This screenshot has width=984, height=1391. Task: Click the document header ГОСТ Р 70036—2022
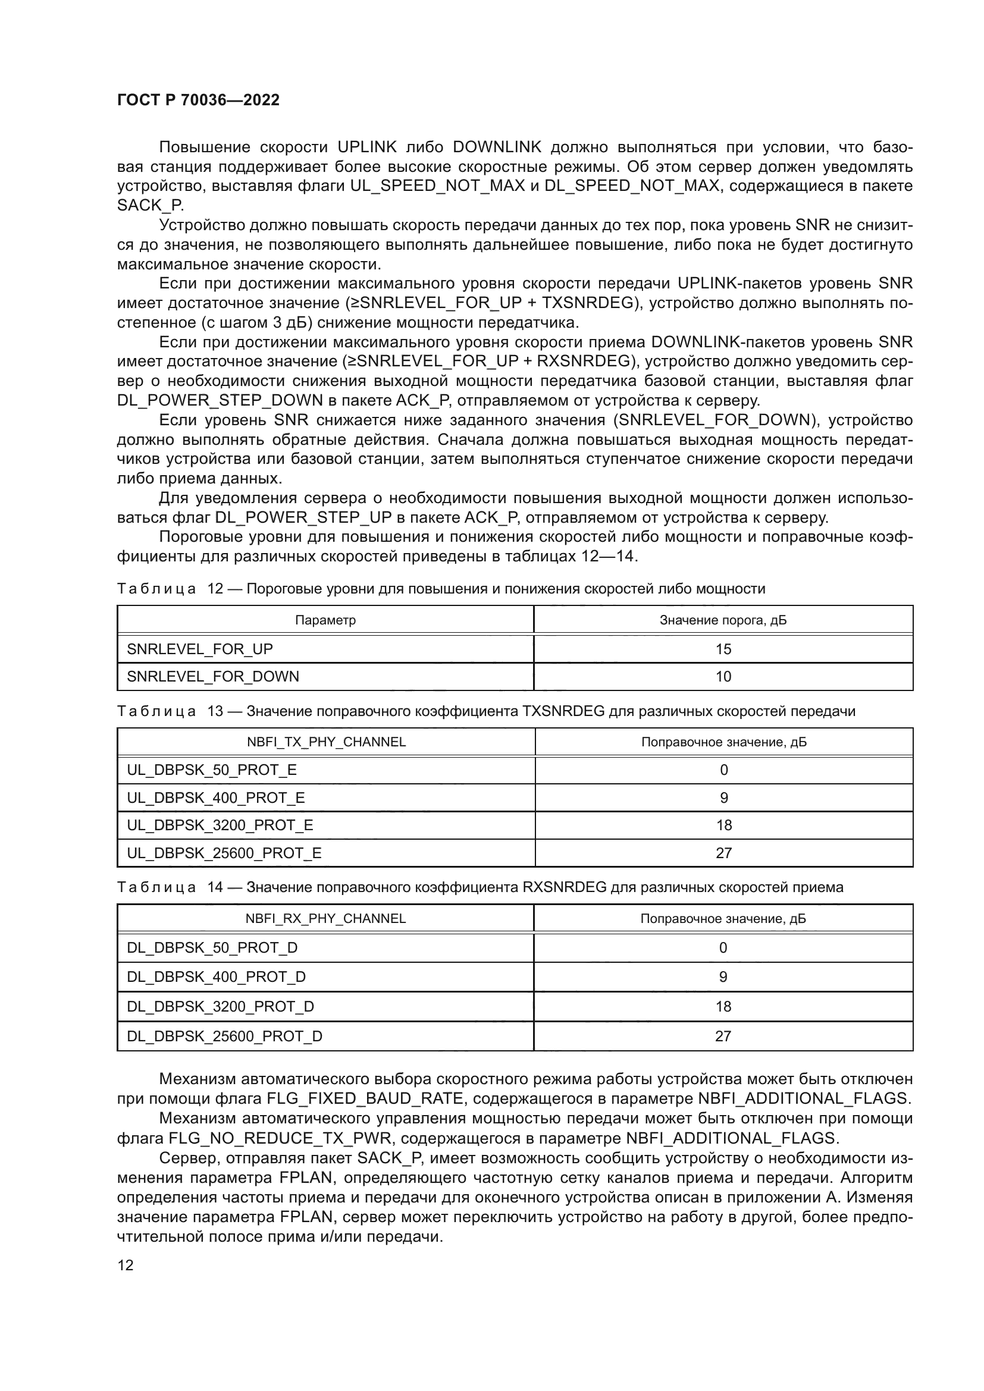(x=198, y=100)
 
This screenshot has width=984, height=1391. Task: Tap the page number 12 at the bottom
(x=126, y=1265)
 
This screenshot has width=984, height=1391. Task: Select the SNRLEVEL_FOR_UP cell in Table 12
(x=200, y=649)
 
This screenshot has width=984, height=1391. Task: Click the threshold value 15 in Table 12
(x=723, y=649)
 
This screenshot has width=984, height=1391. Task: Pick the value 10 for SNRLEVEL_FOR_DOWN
(x=723, y=677)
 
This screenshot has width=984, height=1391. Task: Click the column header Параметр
(x=325, y=620)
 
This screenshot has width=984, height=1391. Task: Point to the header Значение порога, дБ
(x=723, y=620)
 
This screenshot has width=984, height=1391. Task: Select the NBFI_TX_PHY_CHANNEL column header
(x=326, y=742)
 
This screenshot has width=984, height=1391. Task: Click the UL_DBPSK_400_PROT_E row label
(x=216, y=798)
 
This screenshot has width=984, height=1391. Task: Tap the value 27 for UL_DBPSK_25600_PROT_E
(x=723, y=853)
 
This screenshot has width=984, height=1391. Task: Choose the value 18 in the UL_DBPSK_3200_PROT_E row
(x=723, y=825)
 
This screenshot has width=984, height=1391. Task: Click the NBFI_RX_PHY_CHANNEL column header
(x=325, y=918)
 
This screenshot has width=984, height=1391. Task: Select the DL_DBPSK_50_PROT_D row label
(x=212, y=947)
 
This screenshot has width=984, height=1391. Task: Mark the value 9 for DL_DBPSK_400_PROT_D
(x=723, y=976)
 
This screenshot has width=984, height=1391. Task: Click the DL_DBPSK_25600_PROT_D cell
(x=224, y=1036)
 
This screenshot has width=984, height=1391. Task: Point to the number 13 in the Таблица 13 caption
(x=215, y=711)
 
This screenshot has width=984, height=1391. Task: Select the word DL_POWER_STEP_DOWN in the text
(x=220, y=400)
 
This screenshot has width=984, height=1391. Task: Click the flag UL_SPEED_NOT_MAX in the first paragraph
(x=437, y=186)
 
